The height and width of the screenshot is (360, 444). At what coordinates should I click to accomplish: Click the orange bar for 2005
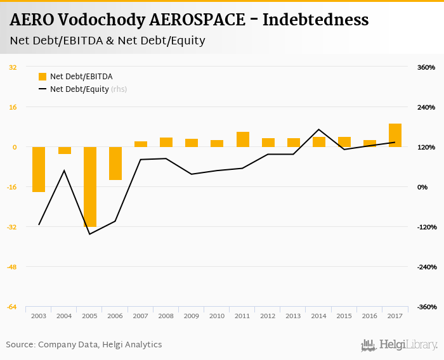[89, 186]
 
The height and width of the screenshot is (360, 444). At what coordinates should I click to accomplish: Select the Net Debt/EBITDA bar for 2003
[39, 169]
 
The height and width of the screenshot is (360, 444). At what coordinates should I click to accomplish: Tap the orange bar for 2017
[395, 135]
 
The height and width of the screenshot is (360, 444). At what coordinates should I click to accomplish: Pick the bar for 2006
[115, 163]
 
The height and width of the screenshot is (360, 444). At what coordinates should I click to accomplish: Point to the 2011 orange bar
[242, 139]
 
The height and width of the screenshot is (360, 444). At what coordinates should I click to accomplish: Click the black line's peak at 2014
[318, 129]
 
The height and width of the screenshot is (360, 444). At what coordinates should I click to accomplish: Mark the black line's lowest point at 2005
[89, 234]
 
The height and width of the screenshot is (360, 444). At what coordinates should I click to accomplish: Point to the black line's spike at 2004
[64, 170]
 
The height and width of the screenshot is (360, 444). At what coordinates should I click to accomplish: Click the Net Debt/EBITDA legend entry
[75, 77]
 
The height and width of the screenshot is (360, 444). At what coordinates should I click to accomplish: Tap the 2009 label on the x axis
[191, 316]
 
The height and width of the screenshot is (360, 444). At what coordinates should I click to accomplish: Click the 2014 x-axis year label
[318, 316]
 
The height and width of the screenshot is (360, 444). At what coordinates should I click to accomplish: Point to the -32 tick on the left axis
[13, 227]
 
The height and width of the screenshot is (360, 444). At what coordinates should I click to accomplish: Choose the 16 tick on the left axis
[13, 107]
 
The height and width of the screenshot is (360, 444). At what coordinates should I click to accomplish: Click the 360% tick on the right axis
[426, 67]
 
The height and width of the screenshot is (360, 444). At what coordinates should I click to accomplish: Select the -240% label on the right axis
[425, 267]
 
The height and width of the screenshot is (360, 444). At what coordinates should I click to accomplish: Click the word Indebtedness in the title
[315, 20]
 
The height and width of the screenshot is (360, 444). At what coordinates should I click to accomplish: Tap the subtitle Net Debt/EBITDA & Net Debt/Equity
[107, 41]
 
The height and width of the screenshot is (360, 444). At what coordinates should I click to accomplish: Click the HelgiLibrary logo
[399, 345]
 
